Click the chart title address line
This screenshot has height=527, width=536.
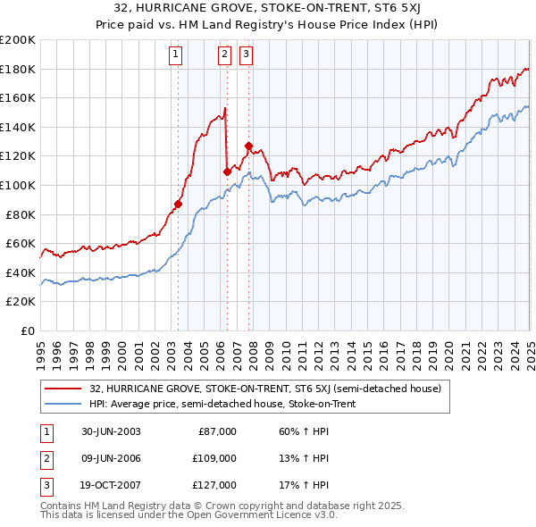(x=268, y=8)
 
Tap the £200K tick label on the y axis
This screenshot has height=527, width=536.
(x=18, y=40)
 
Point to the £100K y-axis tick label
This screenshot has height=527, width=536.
(x=18, y=185)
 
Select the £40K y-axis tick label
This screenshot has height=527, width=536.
(x=21, y=272)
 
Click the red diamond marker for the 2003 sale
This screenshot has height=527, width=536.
(x=179, y=204)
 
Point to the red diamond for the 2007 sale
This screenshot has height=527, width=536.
(x=248, y=146)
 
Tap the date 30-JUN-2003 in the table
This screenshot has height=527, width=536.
(x=110, y=431)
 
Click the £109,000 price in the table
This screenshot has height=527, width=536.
(x=214, y=459)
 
